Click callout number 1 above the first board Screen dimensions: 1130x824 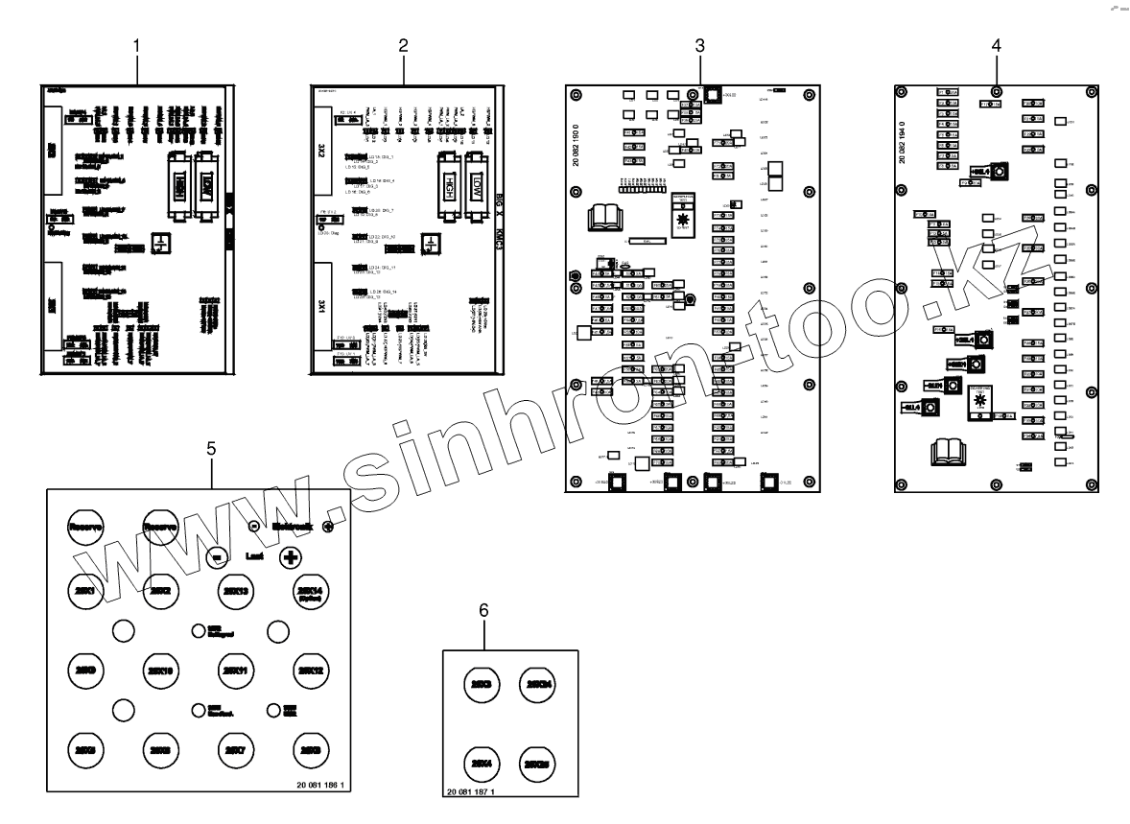tap(137, 45)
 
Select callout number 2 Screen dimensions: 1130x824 tap(404, 45)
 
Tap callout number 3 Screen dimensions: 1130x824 tap(700, 45)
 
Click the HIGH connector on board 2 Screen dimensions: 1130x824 tap(448, 177)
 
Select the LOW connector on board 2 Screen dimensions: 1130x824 tap(479, 177)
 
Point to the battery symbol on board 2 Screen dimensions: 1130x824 tap(432, 243)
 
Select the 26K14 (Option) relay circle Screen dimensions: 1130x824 tap(312, 590)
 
